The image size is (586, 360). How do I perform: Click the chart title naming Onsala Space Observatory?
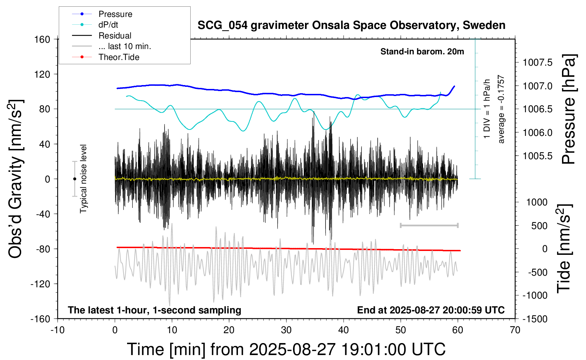click(351, 25)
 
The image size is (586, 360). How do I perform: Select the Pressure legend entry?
click(115, 14)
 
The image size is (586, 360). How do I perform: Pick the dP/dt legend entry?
click(108, 25)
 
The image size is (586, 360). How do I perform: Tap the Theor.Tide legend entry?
click(119, 57)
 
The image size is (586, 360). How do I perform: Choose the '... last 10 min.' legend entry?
click(125, 46)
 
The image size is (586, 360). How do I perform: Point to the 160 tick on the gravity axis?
click(42, 39)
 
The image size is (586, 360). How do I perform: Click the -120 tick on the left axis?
click(40, 284)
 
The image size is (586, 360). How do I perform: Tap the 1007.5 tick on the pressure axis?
click(538, 62)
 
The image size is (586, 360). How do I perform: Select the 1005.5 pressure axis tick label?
click(538, 156)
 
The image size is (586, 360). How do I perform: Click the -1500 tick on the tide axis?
click(535, 319)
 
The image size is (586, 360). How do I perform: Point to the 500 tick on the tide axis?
click(539, 226)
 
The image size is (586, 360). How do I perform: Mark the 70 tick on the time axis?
click(515, 330)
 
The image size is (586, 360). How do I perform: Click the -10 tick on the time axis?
click(58, 330)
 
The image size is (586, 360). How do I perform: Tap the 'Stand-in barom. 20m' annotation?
click(422, 52)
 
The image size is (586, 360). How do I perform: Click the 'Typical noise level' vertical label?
click(83, 179)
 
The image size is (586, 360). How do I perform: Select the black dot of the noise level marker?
click(74, 179)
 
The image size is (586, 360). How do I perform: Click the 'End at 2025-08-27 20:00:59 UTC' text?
click(431, 310)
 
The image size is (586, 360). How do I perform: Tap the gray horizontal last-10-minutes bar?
click(429, 225)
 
